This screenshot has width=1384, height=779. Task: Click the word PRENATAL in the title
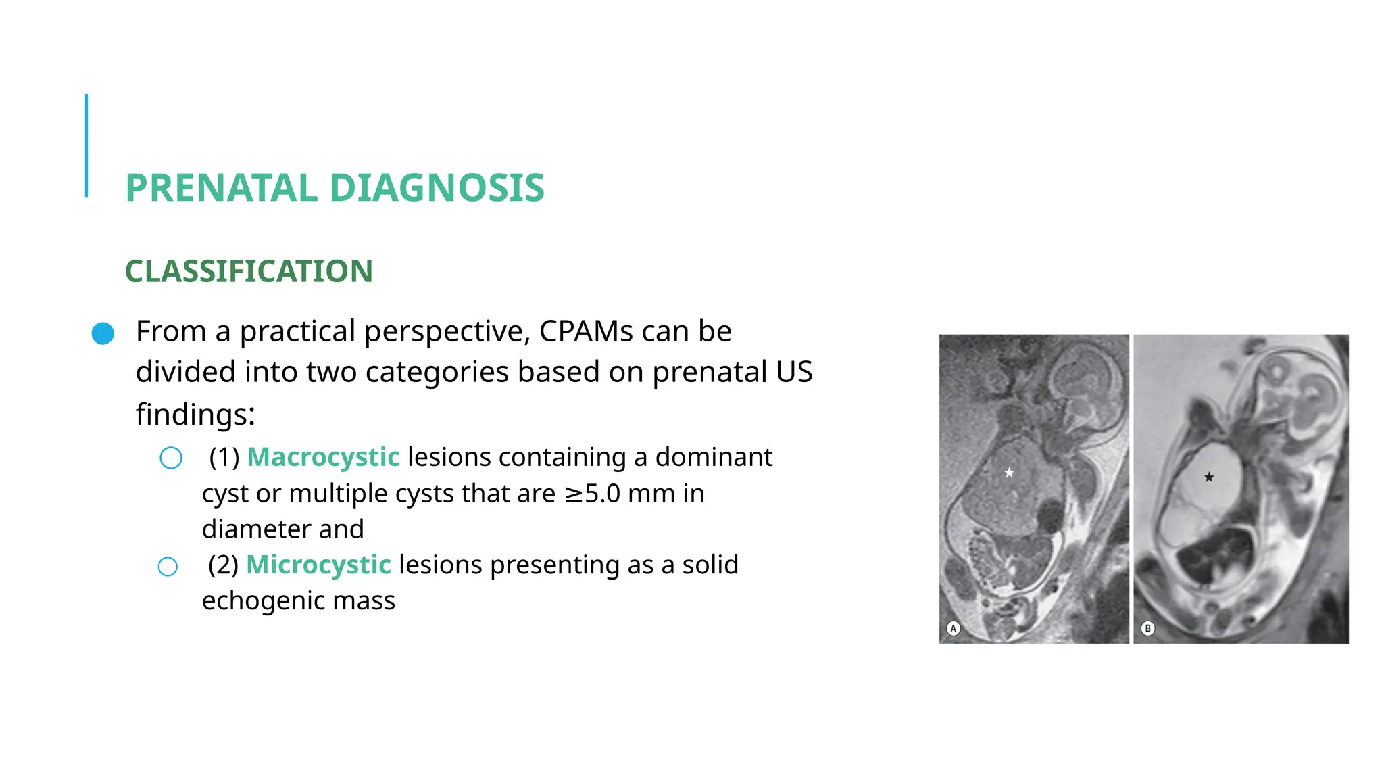point(221,188)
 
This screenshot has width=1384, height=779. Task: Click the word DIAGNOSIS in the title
point(437,188)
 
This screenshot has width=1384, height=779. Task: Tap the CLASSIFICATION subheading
point(249,271)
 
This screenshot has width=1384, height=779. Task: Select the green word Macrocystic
point(323,458)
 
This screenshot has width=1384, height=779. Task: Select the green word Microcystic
point(318,565)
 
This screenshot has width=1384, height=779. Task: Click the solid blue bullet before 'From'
point(103,333)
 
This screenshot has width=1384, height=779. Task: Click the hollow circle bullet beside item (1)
point(171,458)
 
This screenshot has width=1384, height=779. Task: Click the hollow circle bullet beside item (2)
point(168,567)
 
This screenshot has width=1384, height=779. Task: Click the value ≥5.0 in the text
point(592,494)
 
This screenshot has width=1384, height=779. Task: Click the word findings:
point(195,415)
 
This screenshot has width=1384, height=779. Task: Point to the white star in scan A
point(1009,473)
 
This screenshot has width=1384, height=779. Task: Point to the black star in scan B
point(1209,477)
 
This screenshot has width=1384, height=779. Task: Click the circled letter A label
point(954,628)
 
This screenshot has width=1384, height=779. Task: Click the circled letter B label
point(1147,628)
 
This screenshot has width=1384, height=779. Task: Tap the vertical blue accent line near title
point(86,145)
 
